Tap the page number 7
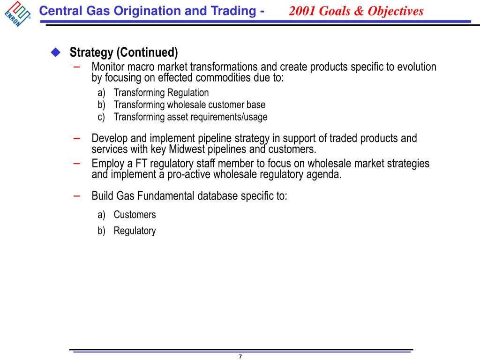point(240,357)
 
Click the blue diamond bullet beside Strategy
point(56,52)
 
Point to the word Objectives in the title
point(396,11)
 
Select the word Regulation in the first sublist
point(188,93)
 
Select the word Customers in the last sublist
point(135,215)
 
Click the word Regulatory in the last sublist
point(135,231)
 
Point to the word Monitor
point(109,67)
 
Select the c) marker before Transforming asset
point(101,117)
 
